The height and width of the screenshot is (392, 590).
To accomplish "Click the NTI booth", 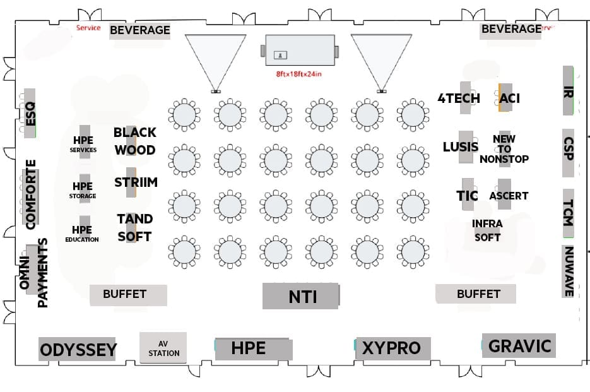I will click(300, 296).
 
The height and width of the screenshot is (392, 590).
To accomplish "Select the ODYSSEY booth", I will click(78, 349).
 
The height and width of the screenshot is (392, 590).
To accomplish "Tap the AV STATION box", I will click(163, 348).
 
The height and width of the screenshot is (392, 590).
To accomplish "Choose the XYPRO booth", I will click(392, 348).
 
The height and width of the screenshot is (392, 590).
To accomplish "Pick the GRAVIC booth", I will click(519, 346).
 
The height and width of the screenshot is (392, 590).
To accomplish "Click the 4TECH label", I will click(459, 98).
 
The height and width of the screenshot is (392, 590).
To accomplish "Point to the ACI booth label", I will click(509, 98).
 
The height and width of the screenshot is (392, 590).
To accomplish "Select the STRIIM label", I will click(136, 182).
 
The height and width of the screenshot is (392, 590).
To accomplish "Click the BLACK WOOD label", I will click(134, 141).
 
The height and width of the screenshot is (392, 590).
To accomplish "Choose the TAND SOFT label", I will click(134, 227).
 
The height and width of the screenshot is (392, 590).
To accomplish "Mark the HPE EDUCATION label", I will click(82, 234).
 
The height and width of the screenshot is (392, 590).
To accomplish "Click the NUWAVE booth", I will click(568, 271).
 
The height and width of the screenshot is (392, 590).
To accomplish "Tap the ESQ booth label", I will click(30, 114).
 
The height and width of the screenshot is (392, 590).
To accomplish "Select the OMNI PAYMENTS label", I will click(34, 273).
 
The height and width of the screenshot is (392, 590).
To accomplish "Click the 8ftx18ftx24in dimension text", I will click(299, 74).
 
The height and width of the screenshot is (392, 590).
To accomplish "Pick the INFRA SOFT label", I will click(487, 230).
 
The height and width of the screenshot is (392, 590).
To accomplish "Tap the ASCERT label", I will click(509, 196).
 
